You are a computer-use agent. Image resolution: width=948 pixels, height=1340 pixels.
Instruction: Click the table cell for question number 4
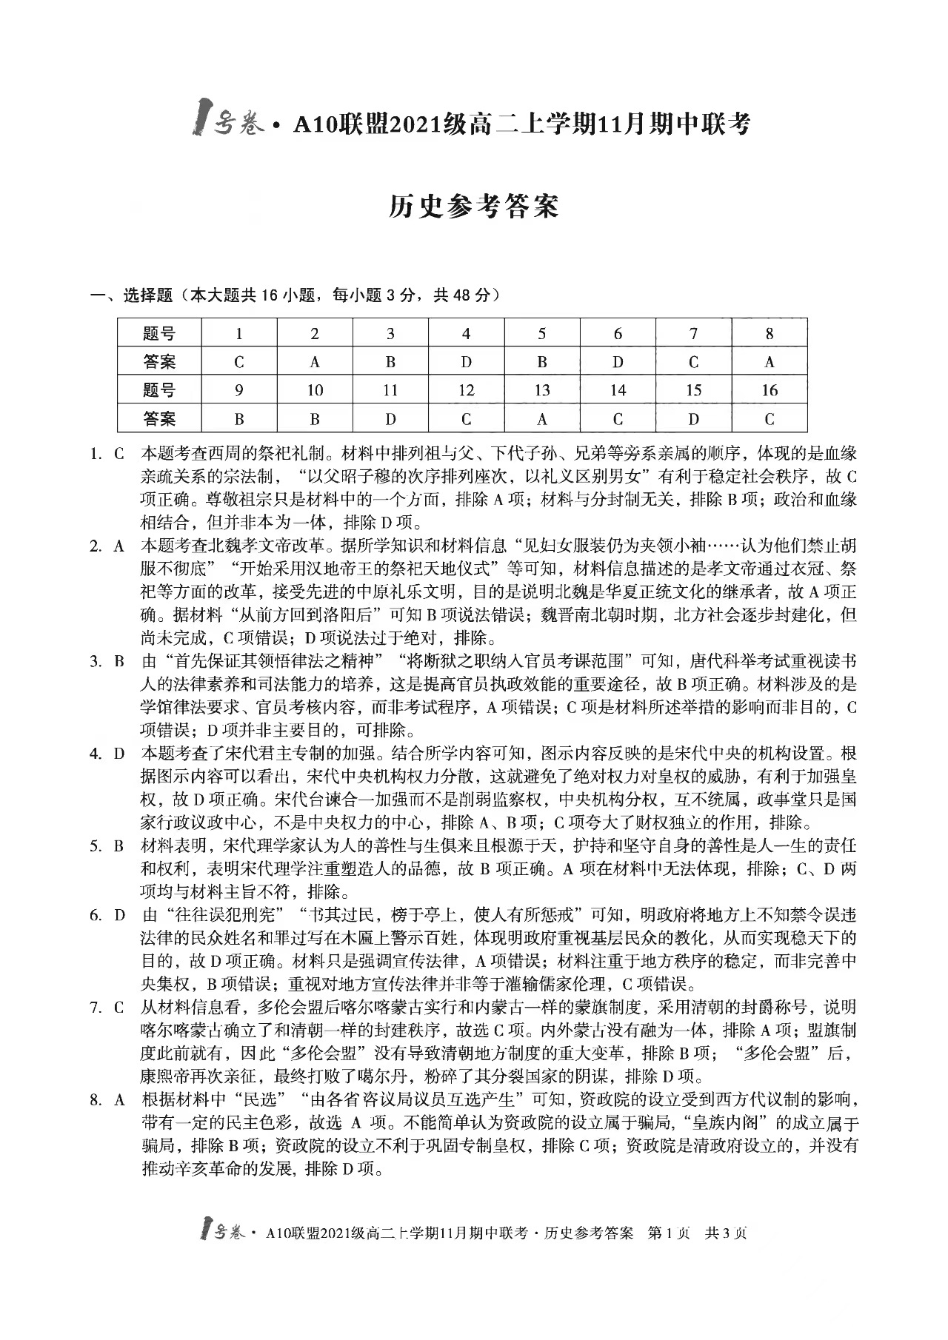point(466,334)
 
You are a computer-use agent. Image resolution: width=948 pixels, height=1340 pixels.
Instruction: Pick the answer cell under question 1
point(238,362)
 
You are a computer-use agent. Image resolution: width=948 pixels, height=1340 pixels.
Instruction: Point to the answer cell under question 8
point(769,362)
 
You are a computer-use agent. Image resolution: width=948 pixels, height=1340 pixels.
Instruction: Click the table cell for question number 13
point(541,390)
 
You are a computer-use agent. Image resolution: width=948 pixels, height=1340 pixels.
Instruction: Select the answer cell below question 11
point(390,419)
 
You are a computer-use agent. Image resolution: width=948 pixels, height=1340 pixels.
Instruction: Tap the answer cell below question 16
point(769,419)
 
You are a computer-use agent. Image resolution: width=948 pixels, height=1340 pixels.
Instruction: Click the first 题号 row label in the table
point(159,334)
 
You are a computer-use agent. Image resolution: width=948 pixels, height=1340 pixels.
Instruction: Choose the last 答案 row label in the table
point(159,419)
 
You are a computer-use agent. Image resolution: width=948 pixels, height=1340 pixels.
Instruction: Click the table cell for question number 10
point(315,390)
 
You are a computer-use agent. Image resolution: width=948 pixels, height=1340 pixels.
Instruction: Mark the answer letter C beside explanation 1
point(118,454)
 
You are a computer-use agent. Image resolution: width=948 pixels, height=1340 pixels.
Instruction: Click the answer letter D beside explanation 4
point(118,754)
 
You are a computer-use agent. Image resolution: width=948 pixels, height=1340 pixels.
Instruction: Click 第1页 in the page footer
point(669,1233)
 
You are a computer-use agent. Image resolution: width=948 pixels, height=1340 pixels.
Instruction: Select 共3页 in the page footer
point(726,1233)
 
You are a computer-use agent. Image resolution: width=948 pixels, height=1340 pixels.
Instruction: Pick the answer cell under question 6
point(618,362)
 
